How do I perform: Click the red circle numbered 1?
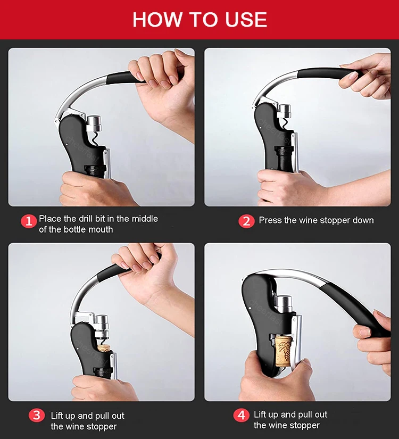pyautogui.click(x=29, y=221)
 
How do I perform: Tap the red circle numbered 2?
pyautogui.click(x=246, y=221)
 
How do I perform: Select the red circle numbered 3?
pyautogui.click(x=37, y=415)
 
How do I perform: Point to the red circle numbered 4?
pyautogui.click(x=241, y=415)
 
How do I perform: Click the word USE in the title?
pyautogui.click(x=246, y=20)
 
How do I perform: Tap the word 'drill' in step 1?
pyautogui.click(x=84, y=219)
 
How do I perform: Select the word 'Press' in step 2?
pyautogui.click(x=270, y=220)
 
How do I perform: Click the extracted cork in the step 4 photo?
pyautogui.click(x=284, y=351)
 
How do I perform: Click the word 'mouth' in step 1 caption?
pyautogui.click(x=99, y=229)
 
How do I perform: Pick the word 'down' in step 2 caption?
pyautogui.click(x=363, y=220)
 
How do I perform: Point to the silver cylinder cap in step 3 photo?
pyautogui.click(x=102, y=326)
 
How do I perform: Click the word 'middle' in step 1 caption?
pyautogui.click(x=145, y=219)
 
